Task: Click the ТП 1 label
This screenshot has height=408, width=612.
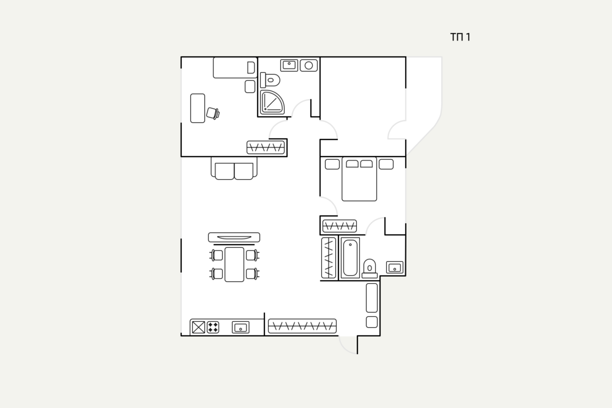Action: (x=460, y=37)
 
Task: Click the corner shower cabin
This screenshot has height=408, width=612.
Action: (x=272, y=102)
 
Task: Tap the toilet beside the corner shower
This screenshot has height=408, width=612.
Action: (x=270, y=80)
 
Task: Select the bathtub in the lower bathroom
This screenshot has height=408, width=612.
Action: (x=350, y=258)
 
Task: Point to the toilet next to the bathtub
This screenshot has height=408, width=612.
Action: (x=369, y=269)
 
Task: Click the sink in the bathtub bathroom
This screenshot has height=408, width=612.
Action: (x=395, y=267)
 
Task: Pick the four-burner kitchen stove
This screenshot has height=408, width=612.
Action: (x=213, y=327)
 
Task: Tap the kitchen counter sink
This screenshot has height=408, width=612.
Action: (x=241, y=327)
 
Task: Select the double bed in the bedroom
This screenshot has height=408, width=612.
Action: (x=359, y=179)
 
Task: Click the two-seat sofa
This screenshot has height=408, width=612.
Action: (x=234, y=168)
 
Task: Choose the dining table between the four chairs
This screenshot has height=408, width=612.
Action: (x=234, y=264)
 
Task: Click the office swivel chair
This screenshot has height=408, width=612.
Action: (x=213, y=113)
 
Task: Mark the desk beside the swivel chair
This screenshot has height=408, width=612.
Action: (x=198, y=108)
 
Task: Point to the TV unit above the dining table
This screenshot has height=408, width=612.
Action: (x=234, y=237)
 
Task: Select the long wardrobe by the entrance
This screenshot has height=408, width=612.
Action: (x=302, y=326)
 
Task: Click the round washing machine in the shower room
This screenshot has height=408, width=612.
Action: (x=308, y=65)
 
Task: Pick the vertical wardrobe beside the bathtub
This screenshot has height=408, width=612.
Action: (x=329, y=258)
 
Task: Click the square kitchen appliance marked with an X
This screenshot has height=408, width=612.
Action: (x=198, y=327)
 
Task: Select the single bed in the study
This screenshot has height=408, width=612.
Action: (x=235, y=68)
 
